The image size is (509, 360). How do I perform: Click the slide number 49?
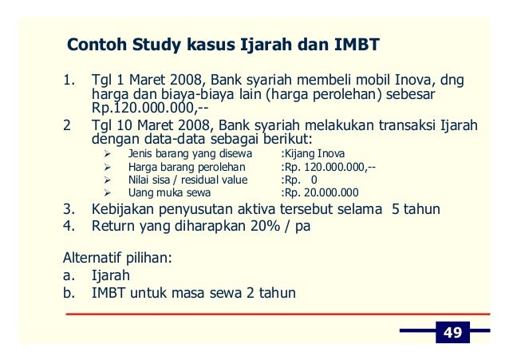[452, 333]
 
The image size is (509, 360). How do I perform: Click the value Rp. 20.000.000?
[320, 192]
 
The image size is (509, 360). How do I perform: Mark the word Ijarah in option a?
[111, 276]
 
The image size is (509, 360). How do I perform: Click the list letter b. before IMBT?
[69, 293]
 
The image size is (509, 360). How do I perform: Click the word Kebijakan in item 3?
[127, 209]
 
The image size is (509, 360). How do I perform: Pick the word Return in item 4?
[115, 226]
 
